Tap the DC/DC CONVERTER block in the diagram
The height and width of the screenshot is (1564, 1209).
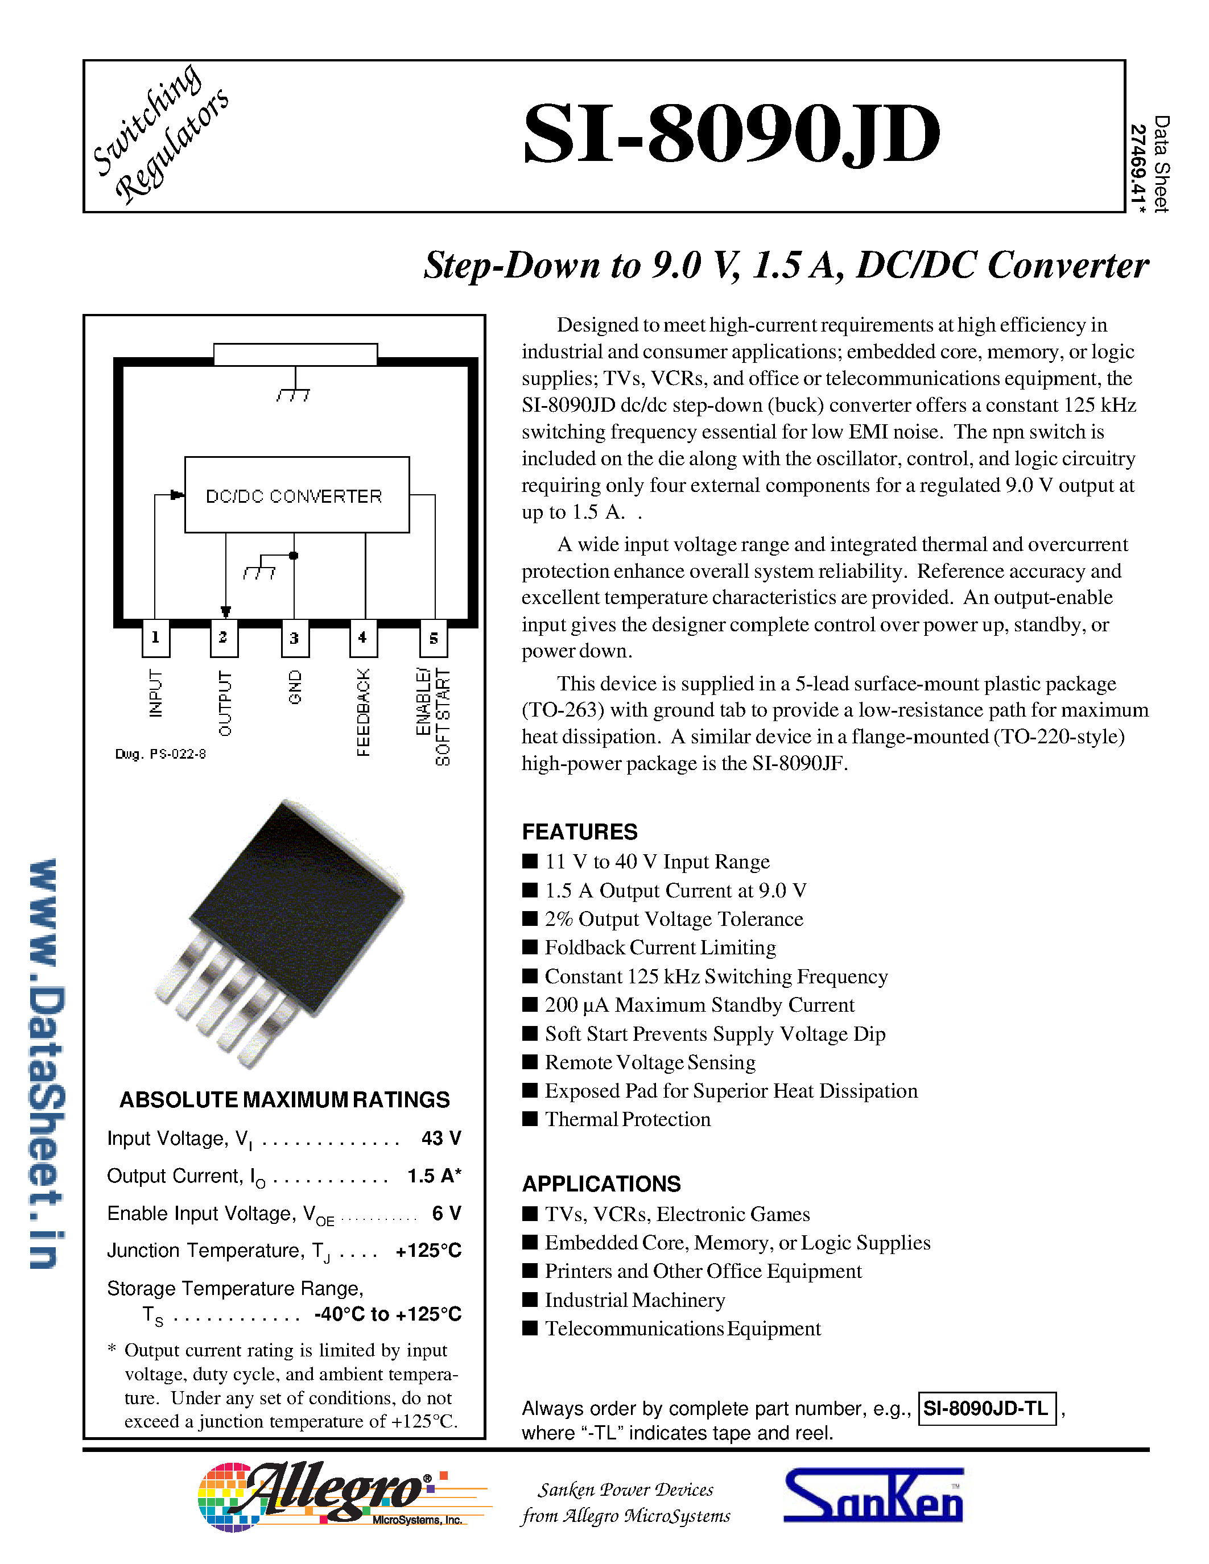pos(296,495)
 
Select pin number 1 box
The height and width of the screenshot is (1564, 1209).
pos(155,638)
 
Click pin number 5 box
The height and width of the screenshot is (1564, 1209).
pos(434,638)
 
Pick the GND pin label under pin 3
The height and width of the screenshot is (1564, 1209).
pos(294,687)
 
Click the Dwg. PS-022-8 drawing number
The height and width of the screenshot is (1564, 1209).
pos(160,754)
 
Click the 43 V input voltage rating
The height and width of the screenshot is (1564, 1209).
pos(440,1138)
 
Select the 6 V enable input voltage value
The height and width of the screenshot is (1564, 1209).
pos(446,1213)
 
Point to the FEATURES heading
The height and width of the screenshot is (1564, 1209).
pos(579,831)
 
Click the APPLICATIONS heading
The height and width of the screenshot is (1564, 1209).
pos(601,1184)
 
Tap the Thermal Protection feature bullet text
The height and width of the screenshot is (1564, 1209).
pos(628,1119)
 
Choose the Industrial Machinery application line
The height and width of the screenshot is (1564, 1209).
pos(634,1300)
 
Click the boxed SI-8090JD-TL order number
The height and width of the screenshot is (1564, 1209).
pos(986,1409)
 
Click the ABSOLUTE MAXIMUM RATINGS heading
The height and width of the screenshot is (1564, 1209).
pos(284,1099)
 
